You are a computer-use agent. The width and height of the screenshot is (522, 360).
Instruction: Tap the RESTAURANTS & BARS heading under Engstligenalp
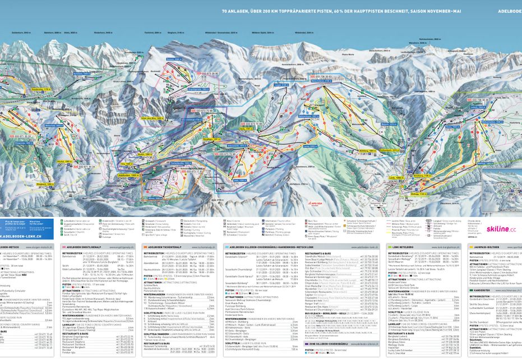[x=78, y=331]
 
